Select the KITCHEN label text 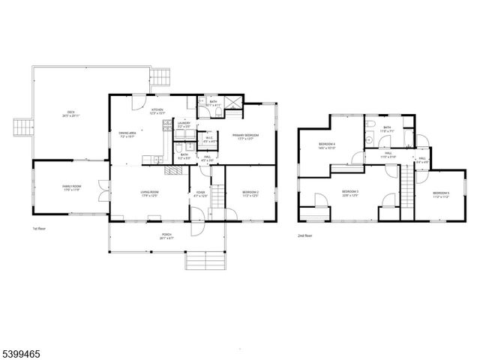point(157,109)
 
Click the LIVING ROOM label point(149,193)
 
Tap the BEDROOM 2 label point(250,193)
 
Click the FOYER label point(200,193)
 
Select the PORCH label point(166,235)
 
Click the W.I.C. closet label point(211,138)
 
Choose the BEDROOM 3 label point(349,192)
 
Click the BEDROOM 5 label point(440,194)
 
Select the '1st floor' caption point(39,227)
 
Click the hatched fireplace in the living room point(174,170)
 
